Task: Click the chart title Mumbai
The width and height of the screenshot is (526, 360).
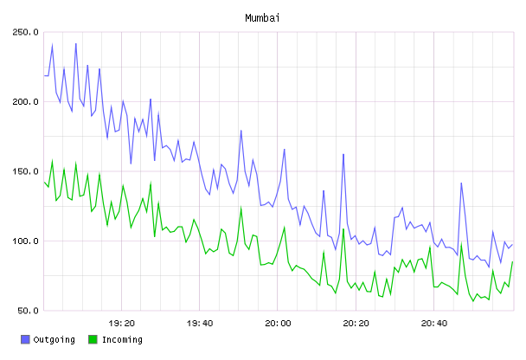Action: point(262,18)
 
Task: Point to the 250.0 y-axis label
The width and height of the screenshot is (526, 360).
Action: point(25,32)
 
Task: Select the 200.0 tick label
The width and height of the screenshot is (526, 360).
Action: point(25,101)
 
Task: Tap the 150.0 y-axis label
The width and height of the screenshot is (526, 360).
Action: point(25,171)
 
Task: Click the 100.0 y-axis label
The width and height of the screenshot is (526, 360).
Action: point(25,241)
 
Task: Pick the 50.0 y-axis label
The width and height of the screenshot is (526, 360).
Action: point(29,311)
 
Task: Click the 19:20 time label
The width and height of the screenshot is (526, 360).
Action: point(121,324)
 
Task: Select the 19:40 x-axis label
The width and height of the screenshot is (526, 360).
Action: point(200,324)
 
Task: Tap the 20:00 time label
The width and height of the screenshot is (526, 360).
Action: point(278,324)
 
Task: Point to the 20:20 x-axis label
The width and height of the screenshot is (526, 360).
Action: point(356,324)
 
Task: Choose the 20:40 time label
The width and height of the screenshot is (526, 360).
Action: point(434,324)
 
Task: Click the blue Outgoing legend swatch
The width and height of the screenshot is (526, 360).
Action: point(25,339)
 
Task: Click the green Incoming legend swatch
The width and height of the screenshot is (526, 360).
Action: point(93,339)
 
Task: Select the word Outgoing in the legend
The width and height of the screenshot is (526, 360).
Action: point(54,340)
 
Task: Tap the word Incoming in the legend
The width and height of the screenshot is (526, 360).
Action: point(122,340)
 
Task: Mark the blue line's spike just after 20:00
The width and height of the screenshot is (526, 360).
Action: point(285,150)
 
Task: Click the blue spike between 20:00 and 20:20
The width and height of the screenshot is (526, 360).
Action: point(343,155)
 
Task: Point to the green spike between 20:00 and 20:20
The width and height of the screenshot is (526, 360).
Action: point(343,229)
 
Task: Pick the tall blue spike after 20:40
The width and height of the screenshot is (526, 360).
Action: point(461,183)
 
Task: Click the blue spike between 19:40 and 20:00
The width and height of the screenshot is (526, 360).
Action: point(241,131)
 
